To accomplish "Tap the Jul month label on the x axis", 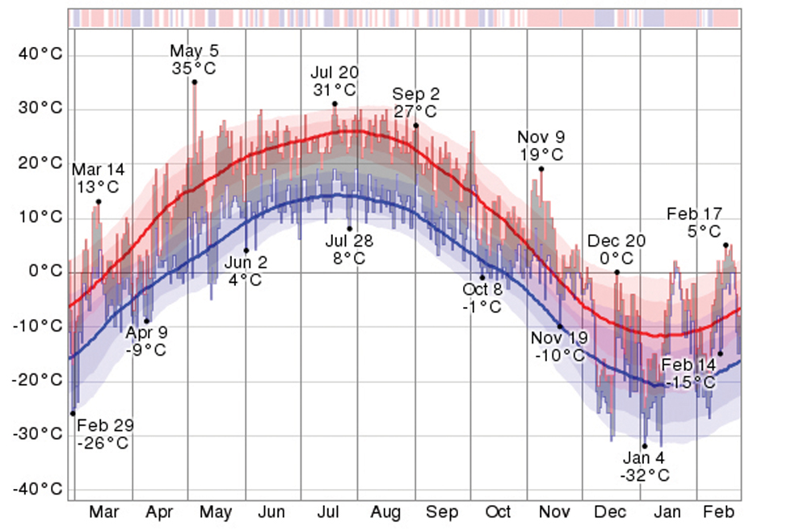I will [328, 512].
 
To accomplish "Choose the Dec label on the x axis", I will [608, 512].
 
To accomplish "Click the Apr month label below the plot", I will [159, 512].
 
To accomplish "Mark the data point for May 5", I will [195, 82].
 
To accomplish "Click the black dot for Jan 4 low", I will [645, 445].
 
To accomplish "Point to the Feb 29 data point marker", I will [73, 413].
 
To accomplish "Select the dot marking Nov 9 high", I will [541, 169].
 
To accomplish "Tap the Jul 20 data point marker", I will [335, 103].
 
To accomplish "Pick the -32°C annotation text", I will [645, 475].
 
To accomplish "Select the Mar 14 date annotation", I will [99, 170].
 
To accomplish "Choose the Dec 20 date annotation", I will [617, 241].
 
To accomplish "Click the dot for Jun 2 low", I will [246, 251].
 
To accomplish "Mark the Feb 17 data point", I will [726, 245].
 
